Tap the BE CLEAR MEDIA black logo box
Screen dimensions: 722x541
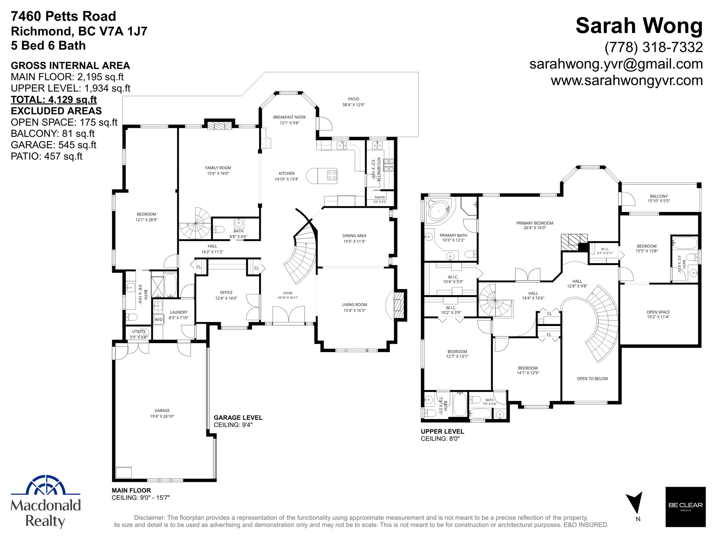click(685, 507)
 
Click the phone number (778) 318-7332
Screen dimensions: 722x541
click(654, 47)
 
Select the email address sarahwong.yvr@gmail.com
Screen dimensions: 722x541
click(616, 64)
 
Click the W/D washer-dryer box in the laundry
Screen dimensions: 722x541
click(159, 319)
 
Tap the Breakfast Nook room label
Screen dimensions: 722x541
click(289, 117)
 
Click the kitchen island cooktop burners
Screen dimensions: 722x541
click(332, 175)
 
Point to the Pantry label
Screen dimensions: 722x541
click(380, 197)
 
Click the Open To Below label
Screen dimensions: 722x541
click(592, 379)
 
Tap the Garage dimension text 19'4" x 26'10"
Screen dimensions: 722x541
click(162, 416)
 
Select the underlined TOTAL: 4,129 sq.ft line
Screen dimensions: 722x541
click(54, 100)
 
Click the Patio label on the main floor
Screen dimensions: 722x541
click(354, 99)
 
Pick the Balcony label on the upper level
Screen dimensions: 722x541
click(659, 196)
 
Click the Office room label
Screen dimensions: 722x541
click(226, 292)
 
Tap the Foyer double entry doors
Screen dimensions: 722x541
click(288, 314)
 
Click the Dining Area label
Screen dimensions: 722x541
click(354, 236)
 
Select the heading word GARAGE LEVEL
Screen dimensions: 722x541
click(238, 418)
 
